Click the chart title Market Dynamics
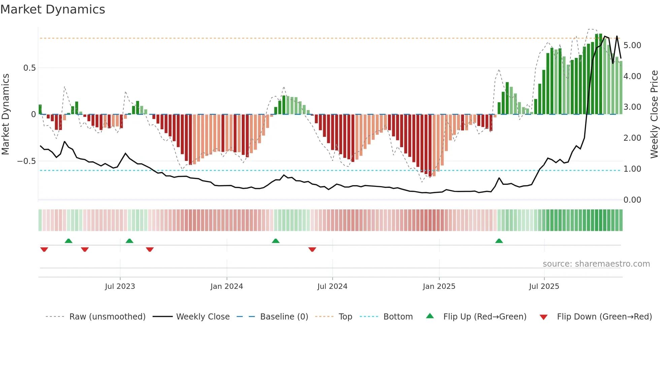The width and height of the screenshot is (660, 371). [53, 9]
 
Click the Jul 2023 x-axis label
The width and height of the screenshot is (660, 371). [120, 286]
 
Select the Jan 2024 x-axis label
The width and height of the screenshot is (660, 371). [227, 286]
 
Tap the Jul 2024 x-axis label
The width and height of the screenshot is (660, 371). [332, 286]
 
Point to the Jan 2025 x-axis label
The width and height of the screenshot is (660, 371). [439, 286]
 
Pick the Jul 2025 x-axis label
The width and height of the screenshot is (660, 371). [544, 286]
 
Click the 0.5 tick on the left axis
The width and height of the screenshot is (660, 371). [29, 68]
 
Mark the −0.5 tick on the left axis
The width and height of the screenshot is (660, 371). [27, 161]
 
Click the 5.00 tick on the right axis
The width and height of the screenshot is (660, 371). [632, 45]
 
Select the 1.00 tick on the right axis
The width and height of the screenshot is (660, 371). [632, 169]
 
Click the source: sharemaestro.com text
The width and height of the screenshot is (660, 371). [596, 264]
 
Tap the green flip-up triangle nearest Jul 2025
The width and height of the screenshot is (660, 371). [499, 241]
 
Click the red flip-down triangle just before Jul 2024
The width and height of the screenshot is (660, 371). [312, 249]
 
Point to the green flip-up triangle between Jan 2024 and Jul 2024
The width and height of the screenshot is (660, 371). [275, 241]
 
